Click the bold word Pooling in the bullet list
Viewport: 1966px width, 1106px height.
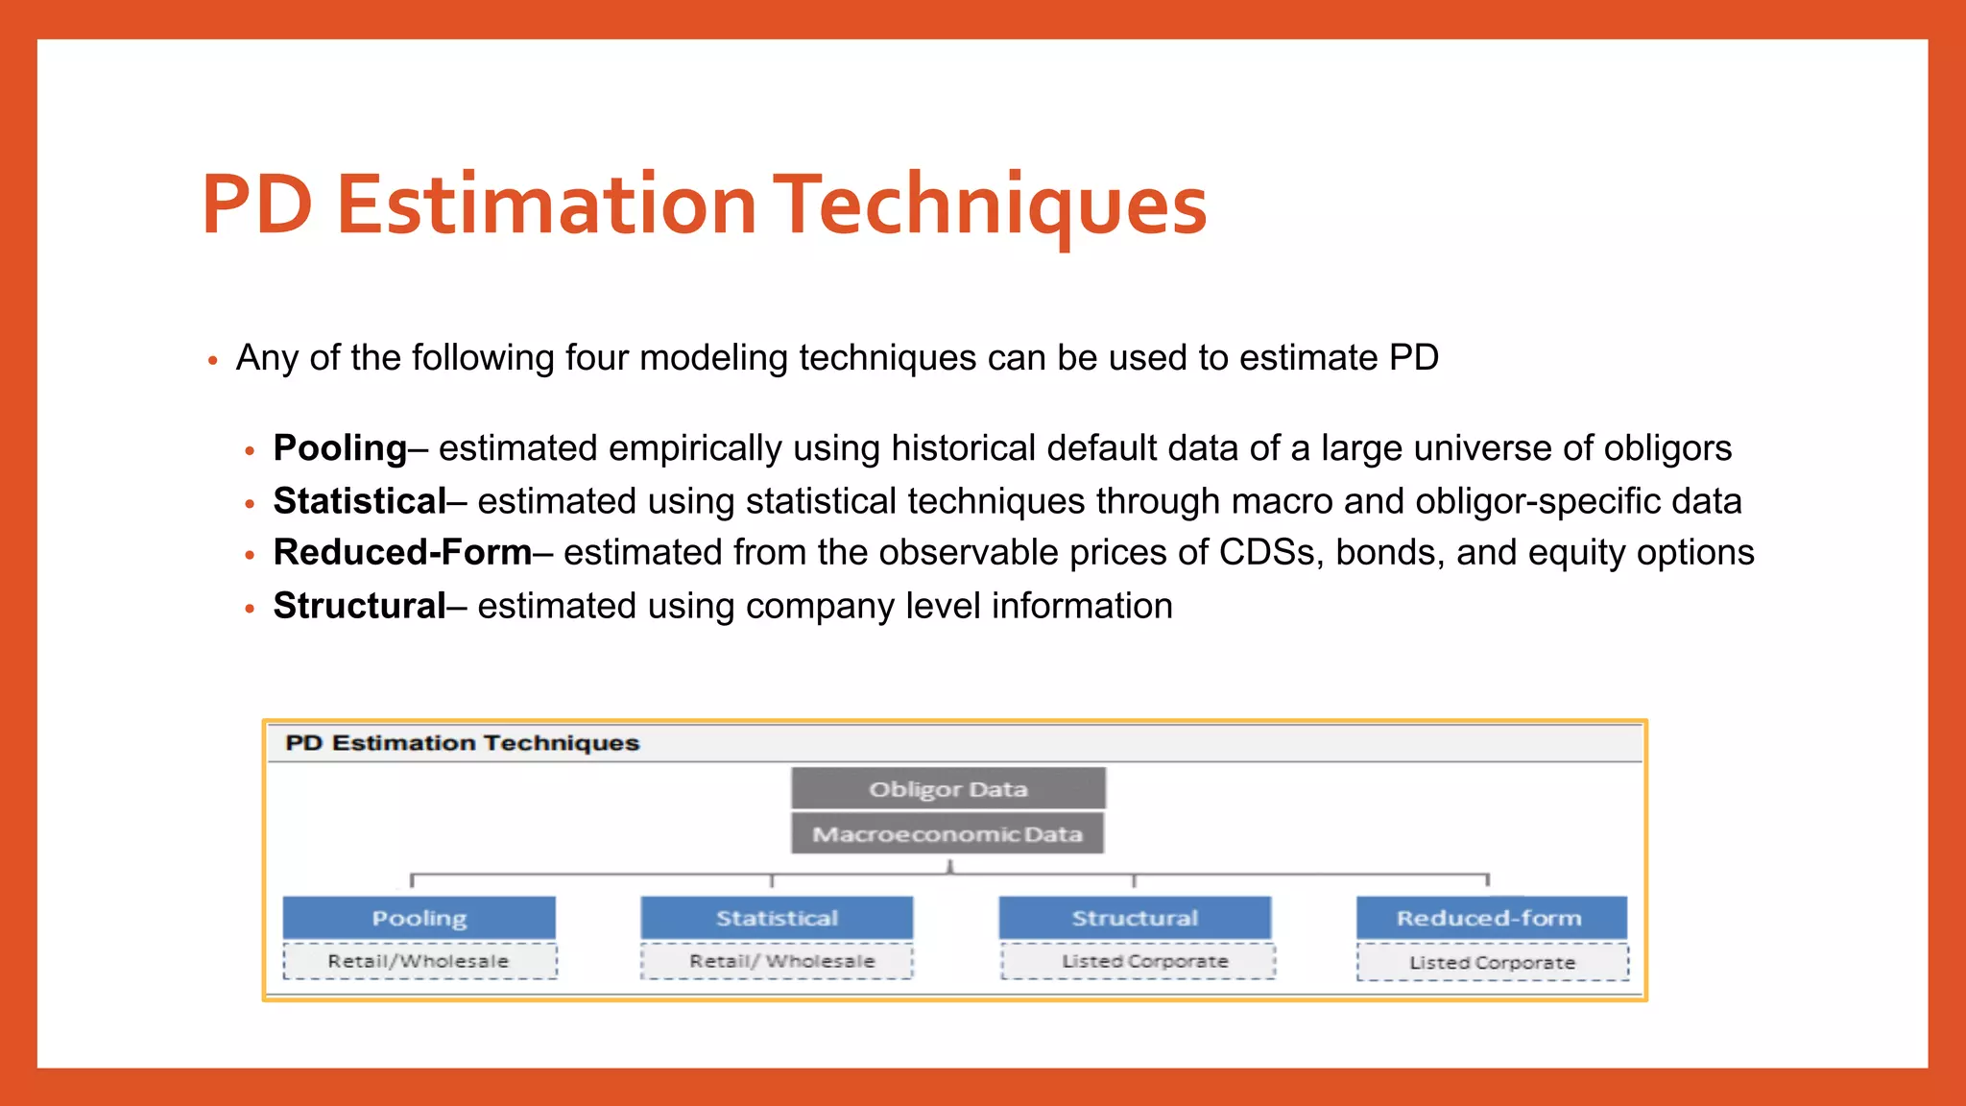click(340, 448)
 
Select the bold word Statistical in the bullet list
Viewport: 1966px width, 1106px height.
click(359, 501)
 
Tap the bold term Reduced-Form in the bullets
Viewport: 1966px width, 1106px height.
click(402, 553)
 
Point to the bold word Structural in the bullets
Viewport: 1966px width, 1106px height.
click(359, 606)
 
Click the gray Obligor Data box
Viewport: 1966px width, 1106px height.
click(947, 788)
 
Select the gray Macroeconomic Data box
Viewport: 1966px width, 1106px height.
click(947, 833)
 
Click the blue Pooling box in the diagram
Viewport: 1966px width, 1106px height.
click(420, 918)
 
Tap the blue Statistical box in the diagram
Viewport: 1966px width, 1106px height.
click(777, 918)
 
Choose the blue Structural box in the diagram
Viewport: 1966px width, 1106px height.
click(1135, 918)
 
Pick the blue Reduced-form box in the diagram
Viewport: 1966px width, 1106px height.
click(1491, 918)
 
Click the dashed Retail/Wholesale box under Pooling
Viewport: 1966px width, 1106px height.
click(420, 961)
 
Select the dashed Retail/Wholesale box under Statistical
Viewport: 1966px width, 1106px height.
click(777, 961)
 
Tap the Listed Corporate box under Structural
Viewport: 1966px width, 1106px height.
click(1139, 961)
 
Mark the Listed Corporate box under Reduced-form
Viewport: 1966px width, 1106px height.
click(1493, 962)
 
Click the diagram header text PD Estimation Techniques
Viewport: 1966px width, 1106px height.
click(462, 743)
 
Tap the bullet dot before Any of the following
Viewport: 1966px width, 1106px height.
click(213, 361)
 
